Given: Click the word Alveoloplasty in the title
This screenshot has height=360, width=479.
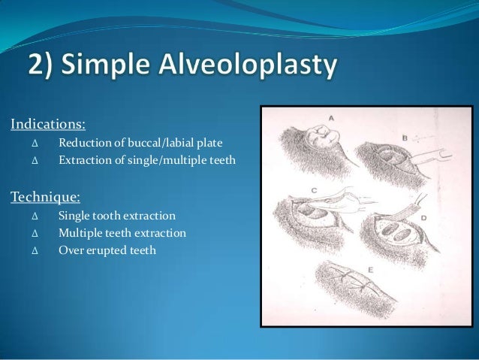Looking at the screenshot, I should (253, 68).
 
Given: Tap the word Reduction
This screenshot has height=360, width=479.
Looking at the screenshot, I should (83, 142).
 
